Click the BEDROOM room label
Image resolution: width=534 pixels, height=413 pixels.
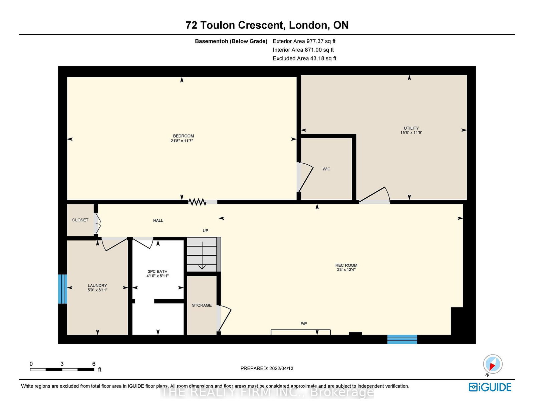click(x=183, y=136)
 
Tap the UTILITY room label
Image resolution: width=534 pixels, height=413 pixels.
click(x=411, y=128)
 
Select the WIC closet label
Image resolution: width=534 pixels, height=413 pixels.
click(x=326, y=169)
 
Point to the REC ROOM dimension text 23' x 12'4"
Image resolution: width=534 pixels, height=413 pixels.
click(x=346, y=269)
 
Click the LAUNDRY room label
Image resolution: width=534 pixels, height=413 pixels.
click(x=97, y=285)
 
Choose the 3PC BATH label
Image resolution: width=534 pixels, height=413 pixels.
click(x=158, y=271)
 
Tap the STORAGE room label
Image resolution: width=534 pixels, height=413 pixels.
click(x=202, y=305)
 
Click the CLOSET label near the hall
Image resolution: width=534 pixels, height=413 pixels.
click(x=80, y=220)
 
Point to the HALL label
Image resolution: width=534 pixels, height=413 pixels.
click(x=158, y=220)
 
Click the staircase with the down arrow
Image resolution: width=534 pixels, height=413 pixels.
click(x=204, y=254)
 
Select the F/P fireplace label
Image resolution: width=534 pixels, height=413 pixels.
click(x=303, y=324)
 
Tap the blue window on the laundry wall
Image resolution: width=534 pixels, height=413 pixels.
click(x=62, y=289)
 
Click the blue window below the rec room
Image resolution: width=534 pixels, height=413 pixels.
click(x=402, y=339)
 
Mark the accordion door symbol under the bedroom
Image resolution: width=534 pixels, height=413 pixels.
click(x=197, y=202)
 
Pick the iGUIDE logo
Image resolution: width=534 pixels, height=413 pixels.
click(x=490, y=387)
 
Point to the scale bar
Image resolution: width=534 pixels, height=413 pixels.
click(x=62, y=370)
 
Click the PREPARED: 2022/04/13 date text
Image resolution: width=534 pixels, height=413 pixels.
click(x=267, y=368)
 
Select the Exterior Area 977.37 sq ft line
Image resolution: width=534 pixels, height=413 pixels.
click(x=304, y=41)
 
